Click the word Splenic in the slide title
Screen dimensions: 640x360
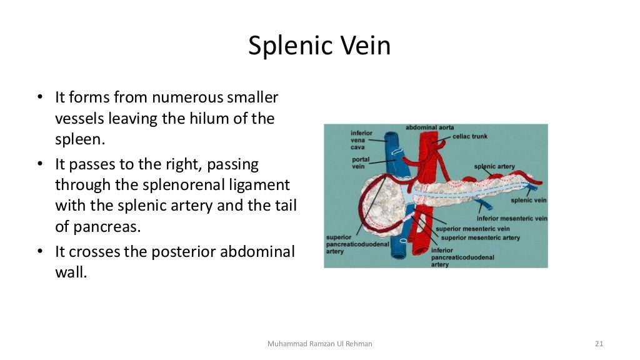coord(285,46)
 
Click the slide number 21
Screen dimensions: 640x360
coord(599,344)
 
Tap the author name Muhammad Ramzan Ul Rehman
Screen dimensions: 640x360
coord(319,344)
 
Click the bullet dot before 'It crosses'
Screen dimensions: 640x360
coord(39,252)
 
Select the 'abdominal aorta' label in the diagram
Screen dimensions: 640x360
coord(430,127)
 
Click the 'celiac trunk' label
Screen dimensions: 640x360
coord(469,136)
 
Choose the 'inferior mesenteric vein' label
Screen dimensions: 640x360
coord(512,219)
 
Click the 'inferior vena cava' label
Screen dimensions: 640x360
coord(361,140)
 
